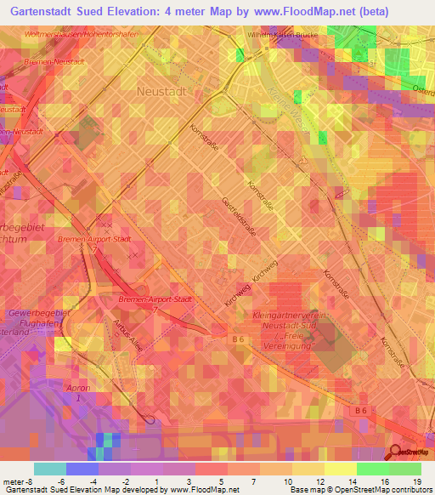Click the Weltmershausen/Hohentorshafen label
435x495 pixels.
(81, 34)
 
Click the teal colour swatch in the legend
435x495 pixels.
(50, 469)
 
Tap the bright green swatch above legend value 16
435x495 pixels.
(372, 469)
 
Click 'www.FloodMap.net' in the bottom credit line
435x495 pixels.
(203, 490)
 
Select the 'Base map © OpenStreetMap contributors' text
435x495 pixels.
(359, 490)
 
